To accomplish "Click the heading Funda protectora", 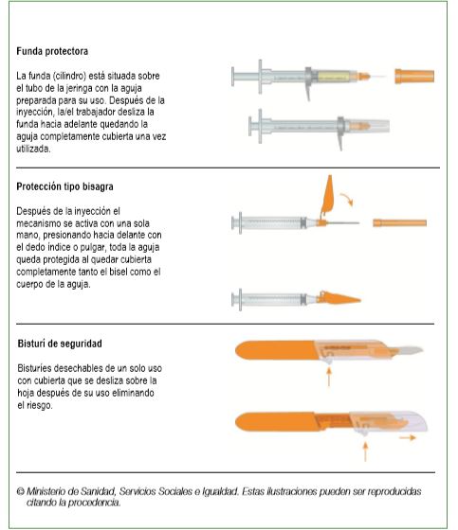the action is point(52,51).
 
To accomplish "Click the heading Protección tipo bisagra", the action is point(64,186).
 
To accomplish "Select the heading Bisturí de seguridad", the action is point(60,344).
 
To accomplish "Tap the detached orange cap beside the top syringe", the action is point(414,76).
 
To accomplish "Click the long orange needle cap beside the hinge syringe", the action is point(400,222).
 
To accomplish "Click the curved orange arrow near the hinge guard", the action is point(347,199).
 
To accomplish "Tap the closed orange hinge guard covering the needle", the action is point(339,298).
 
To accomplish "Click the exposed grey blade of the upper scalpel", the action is point(409,350).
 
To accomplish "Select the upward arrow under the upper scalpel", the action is point(328,377).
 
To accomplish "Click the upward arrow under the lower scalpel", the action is point(365,451).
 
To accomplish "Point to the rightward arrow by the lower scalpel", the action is point(408,437).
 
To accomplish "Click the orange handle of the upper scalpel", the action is point(277,350).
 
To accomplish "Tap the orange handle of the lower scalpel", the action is point(276,421).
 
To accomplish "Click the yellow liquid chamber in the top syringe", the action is point(334,77).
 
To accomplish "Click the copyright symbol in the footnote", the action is point(21,491).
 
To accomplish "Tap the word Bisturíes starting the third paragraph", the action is point(33,368).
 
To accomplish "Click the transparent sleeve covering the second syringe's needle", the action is point(368,126).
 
